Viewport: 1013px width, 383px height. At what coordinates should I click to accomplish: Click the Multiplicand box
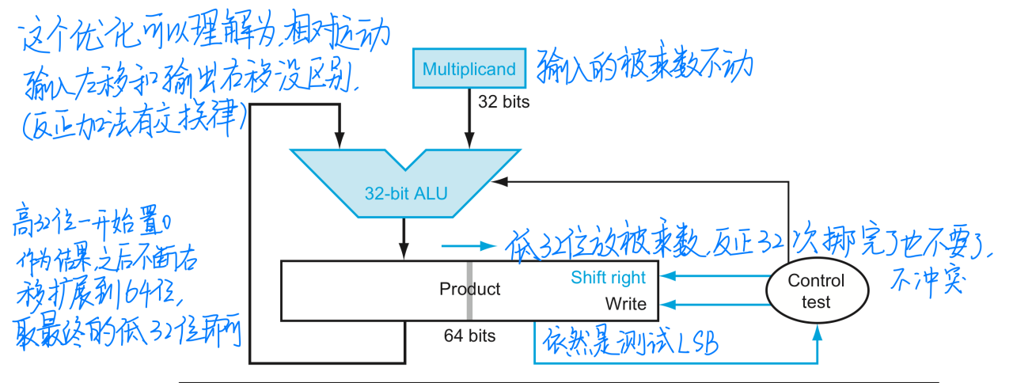point(469,69)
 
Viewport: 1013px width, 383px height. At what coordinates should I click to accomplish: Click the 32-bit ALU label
point(405,191)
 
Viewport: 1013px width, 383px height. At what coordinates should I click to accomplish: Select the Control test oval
point(815,290)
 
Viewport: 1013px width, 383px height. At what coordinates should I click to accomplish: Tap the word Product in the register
point(469,289)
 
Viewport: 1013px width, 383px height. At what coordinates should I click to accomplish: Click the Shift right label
point(608,277)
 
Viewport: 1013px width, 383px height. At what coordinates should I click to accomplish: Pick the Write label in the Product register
point(625,304)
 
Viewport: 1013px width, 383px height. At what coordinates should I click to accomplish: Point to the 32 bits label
point(503,102)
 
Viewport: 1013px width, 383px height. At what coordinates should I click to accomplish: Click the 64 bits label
point(469,336)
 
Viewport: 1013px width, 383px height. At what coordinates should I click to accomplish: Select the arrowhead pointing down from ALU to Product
point(404,252)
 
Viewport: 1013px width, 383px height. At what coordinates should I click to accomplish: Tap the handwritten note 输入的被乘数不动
point(640,70)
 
